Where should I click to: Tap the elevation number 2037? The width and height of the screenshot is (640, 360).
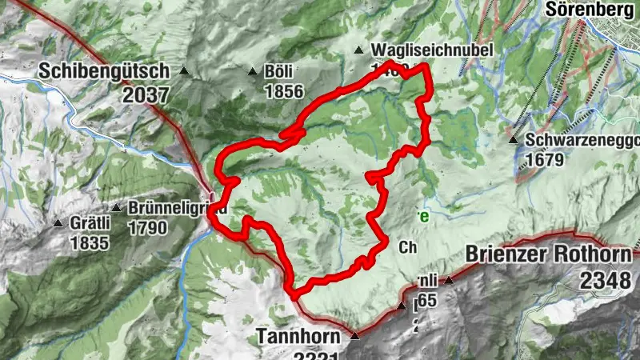click(x=146, y=95)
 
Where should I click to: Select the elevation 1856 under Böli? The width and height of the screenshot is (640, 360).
click(x=283, y=91)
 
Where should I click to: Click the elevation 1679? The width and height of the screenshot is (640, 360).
click(x=546, y=160)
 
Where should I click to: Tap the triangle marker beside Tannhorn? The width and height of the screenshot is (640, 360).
click(x=355, y=334)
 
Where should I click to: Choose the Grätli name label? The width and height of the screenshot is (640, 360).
click(x=90, y=223)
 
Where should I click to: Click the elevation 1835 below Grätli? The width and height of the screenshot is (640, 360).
click(x=90, y=242)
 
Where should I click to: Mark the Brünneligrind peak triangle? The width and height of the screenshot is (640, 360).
click(x=116, y=208)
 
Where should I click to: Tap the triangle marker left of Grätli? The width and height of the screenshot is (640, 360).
click(x=58, y=223)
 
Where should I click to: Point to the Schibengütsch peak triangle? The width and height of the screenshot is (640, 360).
click(x=184, y=70)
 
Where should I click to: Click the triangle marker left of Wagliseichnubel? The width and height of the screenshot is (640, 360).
click(x=359, y=50)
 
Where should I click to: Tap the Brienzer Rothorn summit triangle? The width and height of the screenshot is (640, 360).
click(x=450, y=280)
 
